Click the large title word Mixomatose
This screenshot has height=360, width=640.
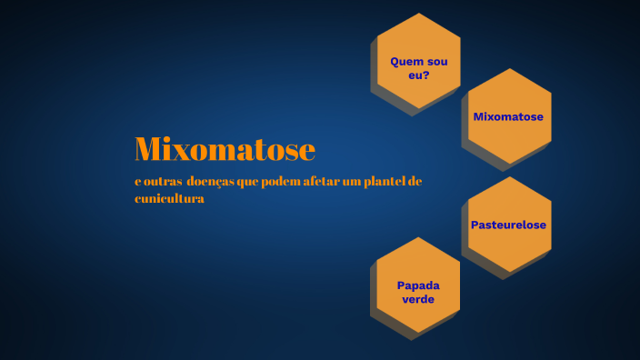225,149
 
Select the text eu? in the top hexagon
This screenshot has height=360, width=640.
418,75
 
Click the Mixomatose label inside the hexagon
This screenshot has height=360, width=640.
508,116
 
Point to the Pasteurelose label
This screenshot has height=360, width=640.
508,225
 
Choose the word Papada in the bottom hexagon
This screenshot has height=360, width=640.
418,285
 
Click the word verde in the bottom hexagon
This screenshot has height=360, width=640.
418,298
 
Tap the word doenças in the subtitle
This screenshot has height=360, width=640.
209,182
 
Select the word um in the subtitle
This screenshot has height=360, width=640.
347,182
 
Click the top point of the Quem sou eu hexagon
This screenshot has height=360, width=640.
419,14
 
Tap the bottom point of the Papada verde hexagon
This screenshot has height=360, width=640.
418,332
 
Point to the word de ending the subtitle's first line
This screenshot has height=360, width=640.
415,182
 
